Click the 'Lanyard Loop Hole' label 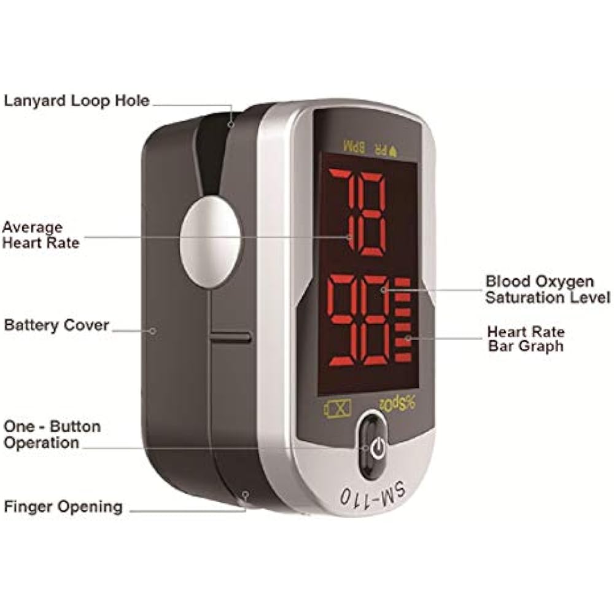tap(77, 100)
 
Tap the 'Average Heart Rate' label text tap(41, 235)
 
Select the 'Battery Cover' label tap(56, 325)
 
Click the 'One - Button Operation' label tap(52, 434)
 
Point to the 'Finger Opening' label tap(63, 507)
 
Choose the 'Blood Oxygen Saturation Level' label tap(547, 289)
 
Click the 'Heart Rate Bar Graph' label tap(526, 338)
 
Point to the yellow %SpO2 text tap(396, 403)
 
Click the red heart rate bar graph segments tap(403, 319)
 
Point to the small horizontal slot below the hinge tap(230, 338)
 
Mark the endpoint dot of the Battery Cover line tap(153, 330)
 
